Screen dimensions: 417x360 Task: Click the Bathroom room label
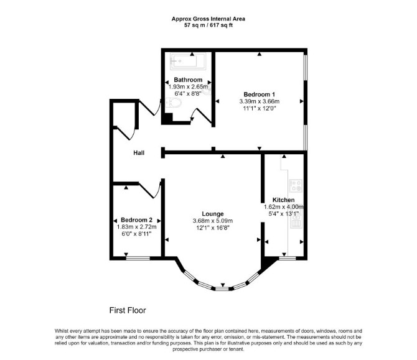(188, 80)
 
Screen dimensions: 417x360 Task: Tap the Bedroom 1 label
(260, 95)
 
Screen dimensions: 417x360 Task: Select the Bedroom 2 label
(136, 220)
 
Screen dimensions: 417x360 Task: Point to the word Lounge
(213, 214)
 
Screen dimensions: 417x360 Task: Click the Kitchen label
(283, 200)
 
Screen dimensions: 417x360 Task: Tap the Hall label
(139, 153)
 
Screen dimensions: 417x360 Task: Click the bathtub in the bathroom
(188, 62)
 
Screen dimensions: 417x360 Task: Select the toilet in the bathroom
(173, 103)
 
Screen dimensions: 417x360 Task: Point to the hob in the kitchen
(296, 185)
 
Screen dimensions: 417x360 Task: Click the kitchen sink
(296, 220)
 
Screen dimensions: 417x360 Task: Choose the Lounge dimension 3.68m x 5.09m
(213, 221)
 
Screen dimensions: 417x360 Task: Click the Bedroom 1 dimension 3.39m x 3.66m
(260, 101)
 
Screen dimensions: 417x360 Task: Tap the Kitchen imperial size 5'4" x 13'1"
(283, 214)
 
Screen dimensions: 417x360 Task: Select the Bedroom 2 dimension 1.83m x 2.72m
(136, 227)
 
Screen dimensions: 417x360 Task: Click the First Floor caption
(128, 310)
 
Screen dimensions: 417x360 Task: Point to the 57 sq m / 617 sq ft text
(208, 25)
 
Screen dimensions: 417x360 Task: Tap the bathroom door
(202, 115)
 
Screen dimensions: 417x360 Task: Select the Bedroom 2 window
(138, 258)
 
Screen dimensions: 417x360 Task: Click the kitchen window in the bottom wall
(287, 258)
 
